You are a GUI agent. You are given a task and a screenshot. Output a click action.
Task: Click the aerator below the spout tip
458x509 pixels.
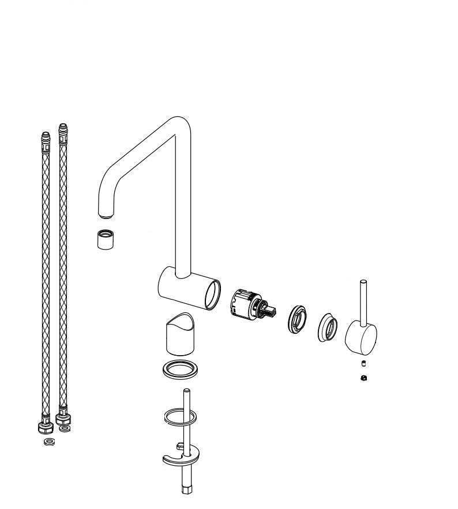pyautogui.click(x=105, y=239)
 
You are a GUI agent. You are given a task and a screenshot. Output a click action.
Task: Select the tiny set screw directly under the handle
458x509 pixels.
pyautogui.click(x=364, y=363)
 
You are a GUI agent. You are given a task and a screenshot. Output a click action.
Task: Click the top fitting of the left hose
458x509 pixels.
pyautogui.click(x=46, y=139)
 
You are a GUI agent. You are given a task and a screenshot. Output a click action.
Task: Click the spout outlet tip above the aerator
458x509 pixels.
pyautogui.click(x=106, y=214)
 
